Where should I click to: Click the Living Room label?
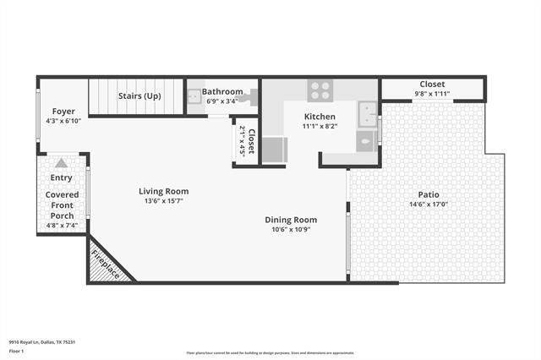(x=163, y=191)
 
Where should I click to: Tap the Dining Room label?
(x=290, y=220)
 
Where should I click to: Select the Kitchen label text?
(x=320, y=117)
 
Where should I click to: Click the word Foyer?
(x=63, y=111)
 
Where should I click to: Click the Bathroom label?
(x=222, y=91)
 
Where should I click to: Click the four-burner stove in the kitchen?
(x=320, y=90)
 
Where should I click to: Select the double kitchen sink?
(x=368, y=112)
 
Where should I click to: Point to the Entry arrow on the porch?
(x=62, y=164)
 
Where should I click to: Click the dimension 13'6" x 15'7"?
(x=163, y=201)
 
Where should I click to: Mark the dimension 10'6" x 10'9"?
(x=290, y=230)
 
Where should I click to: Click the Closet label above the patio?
(x=433, y=85)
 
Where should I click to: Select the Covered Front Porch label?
(x=62, y=205)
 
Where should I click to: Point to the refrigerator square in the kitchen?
(x=274, y=150)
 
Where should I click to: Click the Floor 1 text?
(x=17, y=350)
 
